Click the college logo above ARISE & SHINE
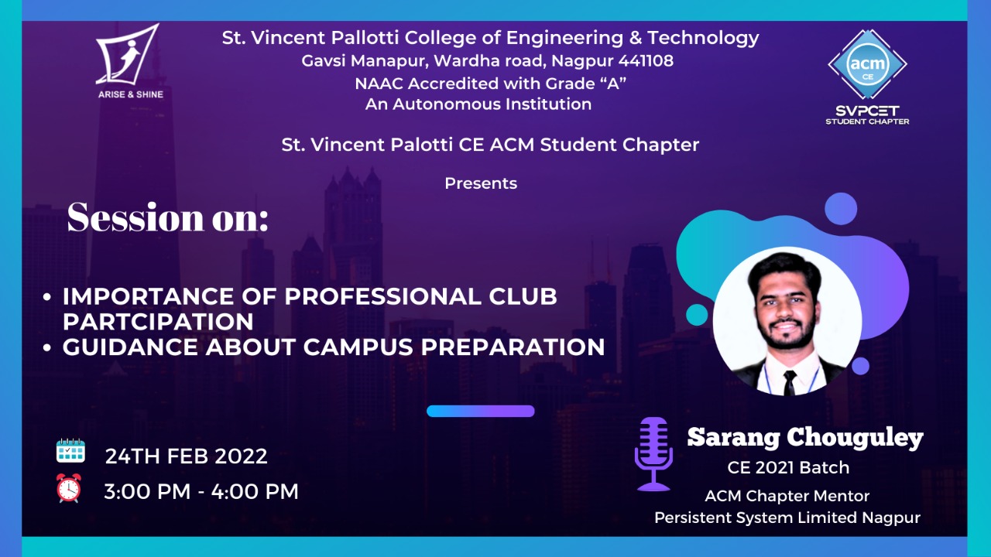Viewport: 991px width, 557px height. (x=127, y=54)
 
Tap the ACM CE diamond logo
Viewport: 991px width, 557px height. (x=867, y=64)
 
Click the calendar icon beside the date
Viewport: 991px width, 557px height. (x=70, y=451)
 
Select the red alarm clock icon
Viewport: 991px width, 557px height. (x=69, y=488)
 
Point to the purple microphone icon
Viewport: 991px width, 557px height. (x=653, y=454)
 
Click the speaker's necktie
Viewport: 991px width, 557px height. (x=790, y=383)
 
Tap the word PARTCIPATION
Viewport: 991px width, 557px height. (x=158, y=322)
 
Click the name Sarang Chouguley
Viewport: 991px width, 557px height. (x=805, y=438)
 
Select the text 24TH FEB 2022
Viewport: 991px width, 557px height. (x=187, y=456)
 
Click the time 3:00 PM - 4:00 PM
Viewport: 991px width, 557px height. (x=201, y=491)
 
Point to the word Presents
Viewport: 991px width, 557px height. (x=481, y=183)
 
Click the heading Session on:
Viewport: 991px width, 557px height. (x=168, y=217)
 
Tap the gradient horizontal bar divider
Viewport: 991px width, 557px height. (x=481, y=411)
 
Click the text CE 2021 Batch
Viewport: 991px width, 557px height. (x=788, y=468)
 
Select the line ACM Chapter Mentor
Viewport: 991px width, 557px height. (x=787, y=496)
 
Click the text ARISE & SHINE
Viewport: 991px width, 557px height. (x=131, y=94)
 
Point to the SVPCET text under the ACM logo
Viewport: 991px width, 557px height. (x=867, y=110)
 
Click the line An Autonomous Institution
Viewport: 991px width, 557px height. (x=478, y=104)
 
